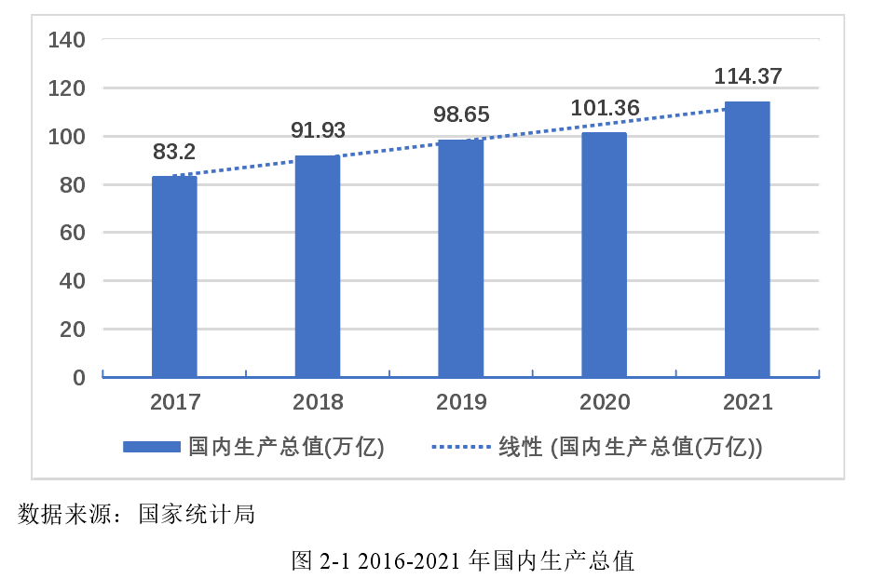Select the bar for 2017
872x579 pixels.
175,276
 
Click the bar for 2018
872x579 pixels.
318,266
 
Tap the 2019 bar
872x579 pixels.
460,258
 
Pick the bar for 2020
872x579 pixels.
604,255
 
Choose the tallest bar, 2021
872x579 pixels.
747,239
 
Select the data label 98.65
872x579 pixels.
461,115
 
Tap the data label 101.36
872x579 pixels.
604,109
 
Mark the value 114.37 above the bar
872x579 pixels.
747,77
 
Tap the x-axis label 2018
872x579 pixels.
318,402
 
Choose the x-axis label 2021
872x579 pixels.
747,402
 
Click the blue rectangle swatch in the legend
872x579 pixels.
152,447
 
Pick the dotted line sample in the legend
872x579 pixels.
460,447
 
